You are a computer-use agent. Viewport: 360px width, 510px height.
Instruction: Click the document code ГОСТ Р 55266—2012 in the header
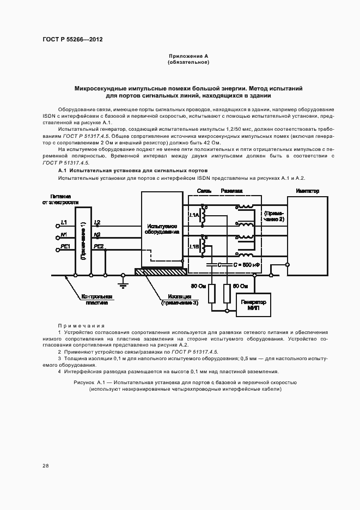[x=72, y=39]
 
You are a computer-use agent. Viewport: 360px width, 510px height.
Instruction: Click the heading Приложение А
[x=188, y=56]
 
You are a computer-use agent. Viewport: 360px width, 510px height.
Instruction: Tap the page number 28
[x=46, y=465]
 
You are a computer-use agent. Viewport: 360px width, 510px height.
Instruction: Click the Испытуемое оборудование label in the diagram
[x=161, y=228]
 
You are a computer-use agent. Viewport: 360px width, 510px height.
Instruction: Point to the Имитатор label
[x=307, y=191]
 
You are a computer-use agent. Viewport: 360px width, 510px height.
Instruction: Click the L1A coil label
[x=194, y=216]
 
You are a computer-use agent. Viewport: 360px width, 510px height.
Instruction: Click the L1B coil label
[x=194, y=247]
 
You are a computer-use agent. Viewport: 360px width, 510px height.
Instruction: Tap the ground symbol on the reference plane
[x=124, y=284]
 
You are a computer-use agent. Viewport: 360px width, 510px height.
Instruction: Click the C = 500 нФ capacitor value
[x=246, y=264]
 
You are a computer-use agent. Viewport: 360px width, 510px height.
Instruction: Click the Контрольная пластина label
[x=97, y=299]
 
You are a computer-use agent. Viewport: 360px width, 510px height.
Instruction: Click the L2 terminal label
[x=97, y=222]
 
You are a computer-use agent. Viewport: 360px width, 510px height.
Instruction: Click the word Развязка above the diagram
[x=231, y=191]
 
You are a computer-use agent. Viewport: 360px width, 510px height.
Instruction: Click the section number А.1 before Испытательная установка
[x=63, y=171]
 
